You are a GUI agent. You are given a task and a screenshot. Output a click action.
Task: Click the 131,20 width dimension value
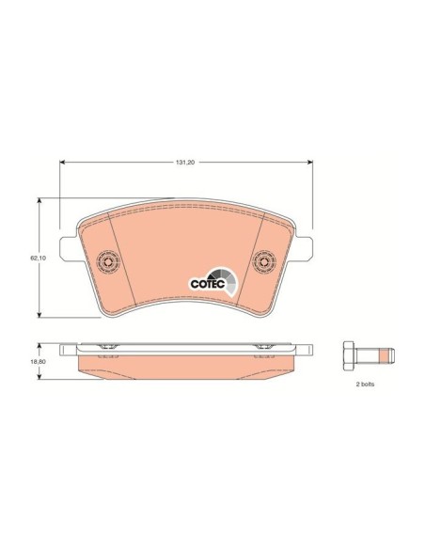click(186, 162)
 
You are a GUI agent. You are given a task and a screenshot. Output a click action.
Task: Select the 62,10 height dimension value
click(39, 258)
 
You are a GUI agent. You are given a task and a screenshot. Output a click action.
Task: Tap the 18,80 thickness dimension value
click(39, 362)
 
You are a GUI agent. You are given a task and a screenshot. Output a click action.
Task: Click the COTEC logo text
click(208, 284)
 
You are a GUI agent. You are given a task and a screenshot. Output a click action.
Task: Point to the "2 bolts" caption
click(365, 384)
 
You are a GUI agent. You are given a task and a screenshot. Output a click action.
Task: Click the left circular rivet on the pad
click(108, 262)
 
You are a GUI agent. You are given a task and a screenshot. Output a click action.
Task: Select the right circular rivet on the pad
click(264, 262)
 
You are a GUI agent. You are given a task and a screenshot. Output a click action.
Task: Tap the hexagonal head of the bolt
click(349, 355)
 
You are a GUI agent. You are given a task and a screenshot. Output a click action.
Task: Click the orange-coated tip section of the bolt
click(387, 355)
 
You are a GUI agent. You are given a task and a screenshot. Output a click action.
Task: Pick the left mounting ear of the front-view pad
click(68, 248)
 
